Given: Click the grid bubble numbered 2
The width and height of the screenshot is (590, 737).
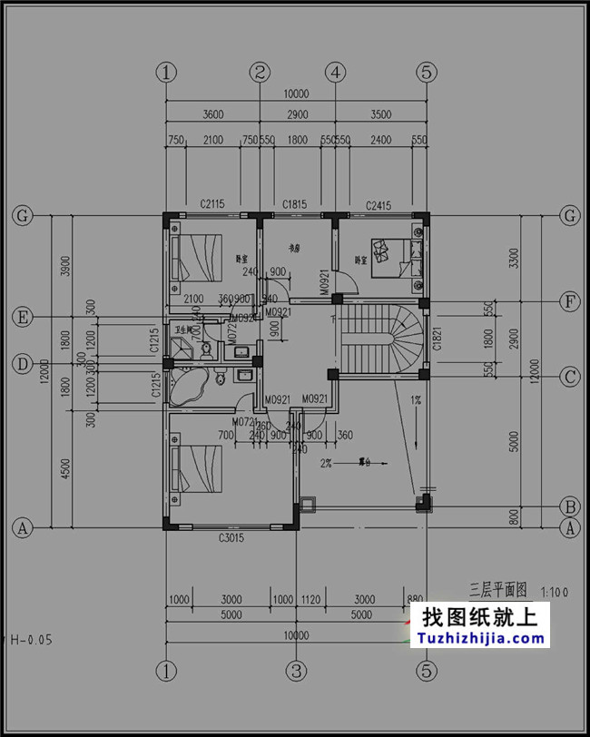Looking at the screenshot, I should [x=261, y=72].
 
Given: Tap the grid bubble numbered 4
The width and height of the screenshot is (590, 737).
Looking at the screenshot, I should [x=336, y=72].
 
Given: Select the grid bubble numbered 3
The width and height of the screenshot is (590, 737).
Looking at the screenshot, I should [x=297, y=672].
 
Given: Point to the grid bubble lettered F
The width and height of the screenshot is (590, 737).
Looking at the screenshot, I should [x=570, y=301].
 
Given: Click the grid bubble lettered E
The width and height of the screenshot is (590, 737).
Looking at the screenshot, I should [x=21, y=317].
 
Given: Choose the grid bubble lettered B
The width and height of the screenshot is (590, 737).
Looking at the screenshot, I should [x=570, y=506].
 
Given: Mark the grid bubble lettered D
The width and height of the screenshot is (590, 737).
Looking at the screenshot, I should [x=21, y=364].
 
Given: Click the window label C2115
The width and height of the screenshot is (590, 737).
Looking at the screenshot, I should [x=212, y=205].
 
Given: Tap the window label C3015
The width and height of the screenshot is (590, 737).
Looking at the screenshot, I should [x=232, y=538].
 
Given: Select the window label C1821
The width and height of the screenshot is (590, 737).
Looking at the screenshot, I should [x=437, y=337].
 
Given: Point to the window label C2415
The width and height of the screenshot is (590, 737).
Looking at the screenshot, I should [x=379, y=205].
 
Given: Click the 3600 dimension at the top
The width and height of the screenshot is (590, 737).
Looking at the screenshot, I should [x=212, y=114].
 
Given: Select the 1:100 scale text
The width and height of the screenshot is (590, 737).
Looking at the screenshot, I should [x=555, y=592].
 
